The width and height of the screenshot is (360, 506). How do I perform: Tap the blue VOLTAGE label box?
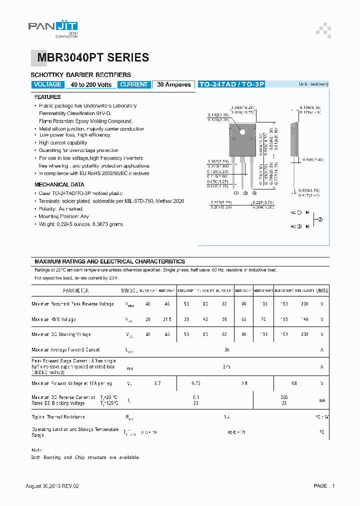pos(47,84)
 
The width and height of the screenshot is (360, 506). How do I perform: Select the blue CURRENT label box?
pos(134,84)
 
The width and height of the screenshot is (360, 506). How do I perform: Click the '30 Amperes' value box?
pos(173,84)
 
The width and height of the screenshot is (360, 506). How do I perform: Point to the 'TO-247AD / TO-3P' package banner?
pos(231,84)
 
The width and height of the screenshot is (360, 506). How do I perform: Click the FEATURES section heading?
pos(47,97)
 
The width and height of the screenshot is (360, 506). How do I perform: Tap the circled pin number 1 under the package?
pos(237,193)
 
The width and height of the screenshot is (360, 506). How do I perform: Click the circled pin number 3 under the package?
pos(254,193)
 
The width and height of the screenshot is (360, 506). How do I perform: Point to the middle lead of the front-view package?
pos(245,172)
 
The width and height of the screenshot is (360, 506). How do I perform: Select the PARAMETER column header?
pos(76,290)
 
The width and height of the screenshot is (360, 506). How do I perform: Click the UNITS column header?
pos(322,290)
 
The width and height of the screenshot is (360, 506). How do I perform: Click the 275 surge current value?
pos(226,366)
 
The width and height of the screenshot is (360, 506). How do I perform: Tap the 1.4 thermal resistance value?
pos(226,416)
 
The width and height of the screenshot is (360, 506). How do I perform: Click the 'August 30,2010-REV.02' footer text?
pos(52,485)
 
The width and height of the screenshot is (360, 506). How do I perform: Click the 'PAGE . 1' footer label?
pos(324,485)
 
